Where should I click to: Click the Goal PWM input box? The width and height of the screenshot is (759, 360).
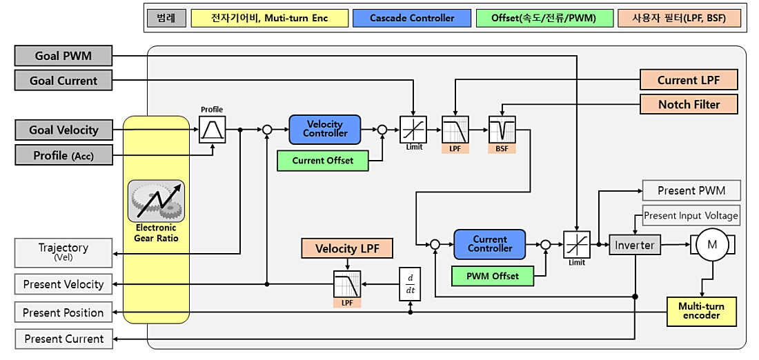63,56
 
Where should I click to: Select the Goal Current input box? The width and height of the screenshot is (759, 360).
63,81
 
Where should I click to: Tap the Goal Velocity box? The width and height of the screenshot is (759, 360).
63,130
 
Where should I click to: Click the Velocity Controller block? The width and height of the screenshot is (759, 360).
324,129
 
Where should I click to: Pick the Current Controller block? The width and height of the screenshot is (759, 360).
490,244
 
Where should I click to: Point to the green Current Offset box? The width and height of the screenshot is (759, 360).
322,161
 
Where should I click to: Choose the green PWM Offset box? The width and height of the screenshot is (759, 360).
492,276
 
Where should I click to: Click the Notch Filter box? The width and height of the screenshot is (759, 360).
689,104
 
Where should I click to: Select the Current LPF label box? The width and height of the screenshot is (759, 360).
689,80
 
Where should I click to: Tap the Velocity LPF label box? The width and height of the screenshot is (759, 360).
347,249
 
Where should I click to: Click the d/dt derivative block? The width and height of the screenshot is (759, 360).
411,283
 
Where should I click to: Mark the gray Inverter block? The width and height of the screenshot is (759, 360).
634,245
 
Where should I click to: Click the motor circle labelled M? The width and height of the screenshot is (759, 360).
711,244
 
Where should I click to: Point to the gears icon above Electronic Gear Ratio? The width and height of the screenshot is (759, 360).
155,201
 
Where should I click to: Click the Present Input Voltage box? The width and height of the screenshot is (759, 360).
691,215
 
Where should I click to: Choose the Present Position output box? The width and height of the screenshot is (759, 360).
63,312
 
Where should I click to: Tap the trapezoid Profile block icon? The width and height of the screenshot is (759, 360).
212,130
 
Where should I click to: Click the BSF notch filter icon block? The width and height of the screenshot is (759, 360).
502,130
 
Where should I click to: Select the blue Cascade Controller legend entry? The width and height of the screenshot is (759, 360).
412,18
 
